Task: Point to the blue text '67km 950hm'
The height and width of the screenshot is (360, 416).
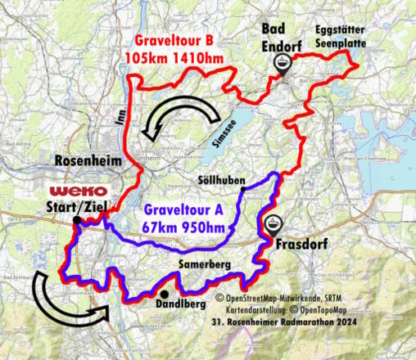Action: tap(183, 227)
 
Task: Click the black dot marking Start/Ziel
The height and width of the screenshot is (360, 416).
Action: tap(75, 220)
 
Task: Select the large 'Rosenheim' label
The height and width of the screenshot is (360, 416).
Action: tap(88, 160)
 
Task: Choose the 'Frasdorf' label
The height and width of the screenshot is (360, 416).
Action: tap(302, 244)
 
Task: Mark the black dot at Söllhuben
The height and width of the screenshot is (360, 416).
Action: tap(242, 189)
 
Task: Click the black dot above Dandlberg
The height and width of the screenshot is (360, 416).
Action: tap(164, 294)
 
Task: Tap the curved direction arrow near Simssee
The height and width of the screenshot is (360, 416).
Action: tap(170, 118)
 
